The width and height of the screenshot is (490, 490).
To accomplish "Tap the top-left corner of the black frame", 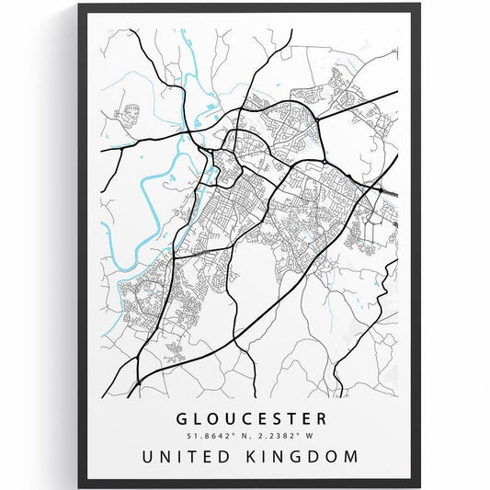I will tap(80, 6).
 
